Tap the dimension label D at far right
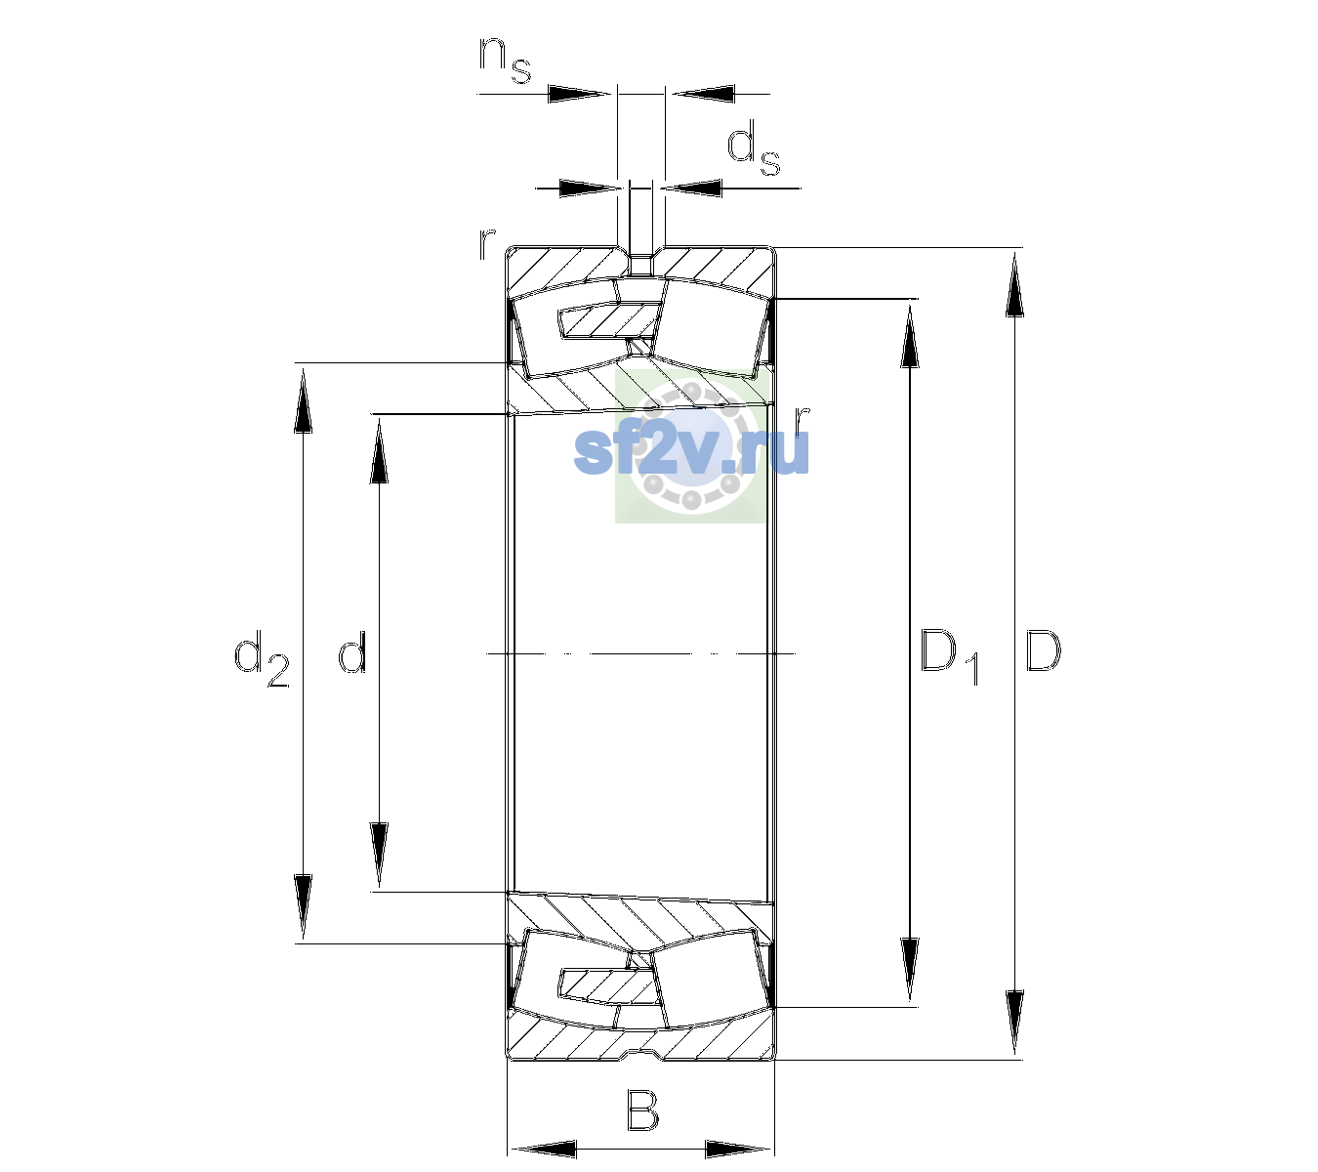[1043, 650]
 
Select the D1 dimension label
[950, 656]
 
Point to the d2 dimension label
[262, 658]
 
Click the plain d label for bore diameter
[352, 650]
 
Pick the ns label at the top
[506, 60]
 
